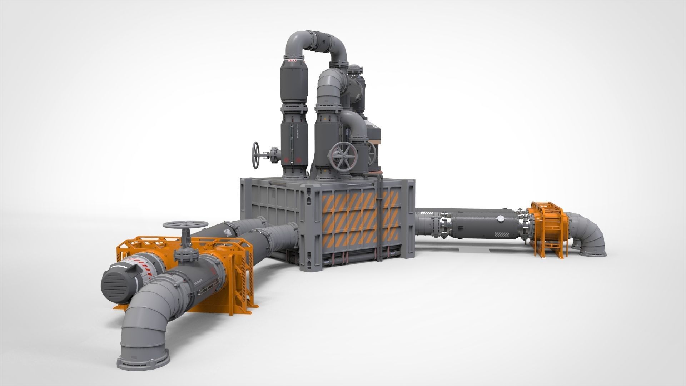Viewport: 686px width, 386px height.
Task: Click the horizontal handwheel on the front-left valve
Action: coord(185,224)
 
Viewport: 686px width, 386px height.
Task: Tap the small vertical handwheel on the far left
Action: coord(256,155)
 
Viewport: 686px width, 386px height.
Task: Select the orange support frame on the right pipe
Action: coord(547,229)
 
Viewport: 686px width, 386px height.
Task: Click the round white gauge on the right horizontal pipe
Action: coord(501,218)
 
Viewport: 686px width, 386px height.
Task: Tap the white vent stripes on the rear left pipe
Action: coord(227,232)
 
